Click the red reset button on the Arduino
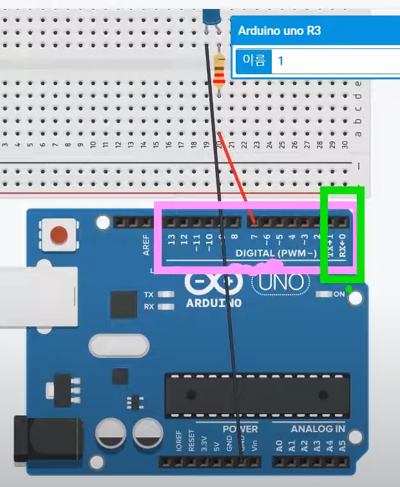[59, 235]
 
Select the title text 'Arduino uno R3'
[280, 30]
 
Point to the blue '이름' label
[253, 61]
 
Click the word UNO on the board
[281, 282]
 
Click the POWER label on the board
[240, 429]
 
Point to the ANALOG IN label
[318, 429]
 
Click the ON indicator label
[339, 294]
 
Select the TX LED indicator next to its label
[166, 295]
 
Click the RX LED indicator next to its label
[166, 306]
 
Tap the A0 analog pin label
[279, 445]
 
